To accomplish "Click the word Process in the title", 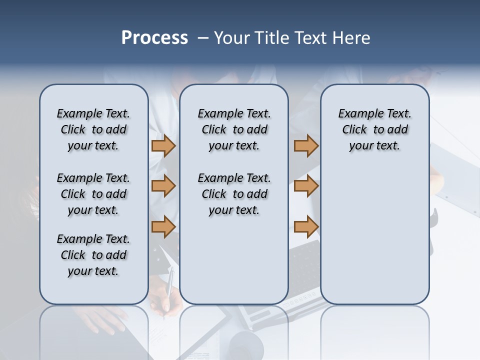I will tap(154, 38).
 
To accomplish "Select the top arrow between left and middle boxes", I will tap(163, 145).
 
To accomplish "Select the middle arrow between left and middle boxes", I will tap(163, 186).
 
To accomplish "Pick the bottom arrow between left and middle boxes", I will tap(163, 227).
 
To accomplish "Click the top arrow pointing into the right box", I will tap(306, 145).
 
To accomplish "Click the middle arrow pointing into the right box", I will tap(306, 186).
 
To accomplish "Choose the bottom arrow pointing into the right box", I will tap(306, 227).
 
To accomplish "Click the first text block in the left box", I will tap(93, 129).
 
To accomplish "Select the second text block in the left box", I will tap(93, 194).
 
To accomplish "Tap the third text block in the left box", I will tap(93, 255).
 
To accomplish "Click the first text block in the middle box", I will tap(234, 129).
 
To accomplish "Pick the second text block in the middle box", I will tap(234, 194).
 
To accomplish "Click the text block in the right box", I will tap(375, 129).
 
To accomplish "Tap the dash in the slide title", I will tap(203, 38).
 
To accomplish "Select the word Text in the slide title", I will tap(311, 38).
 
